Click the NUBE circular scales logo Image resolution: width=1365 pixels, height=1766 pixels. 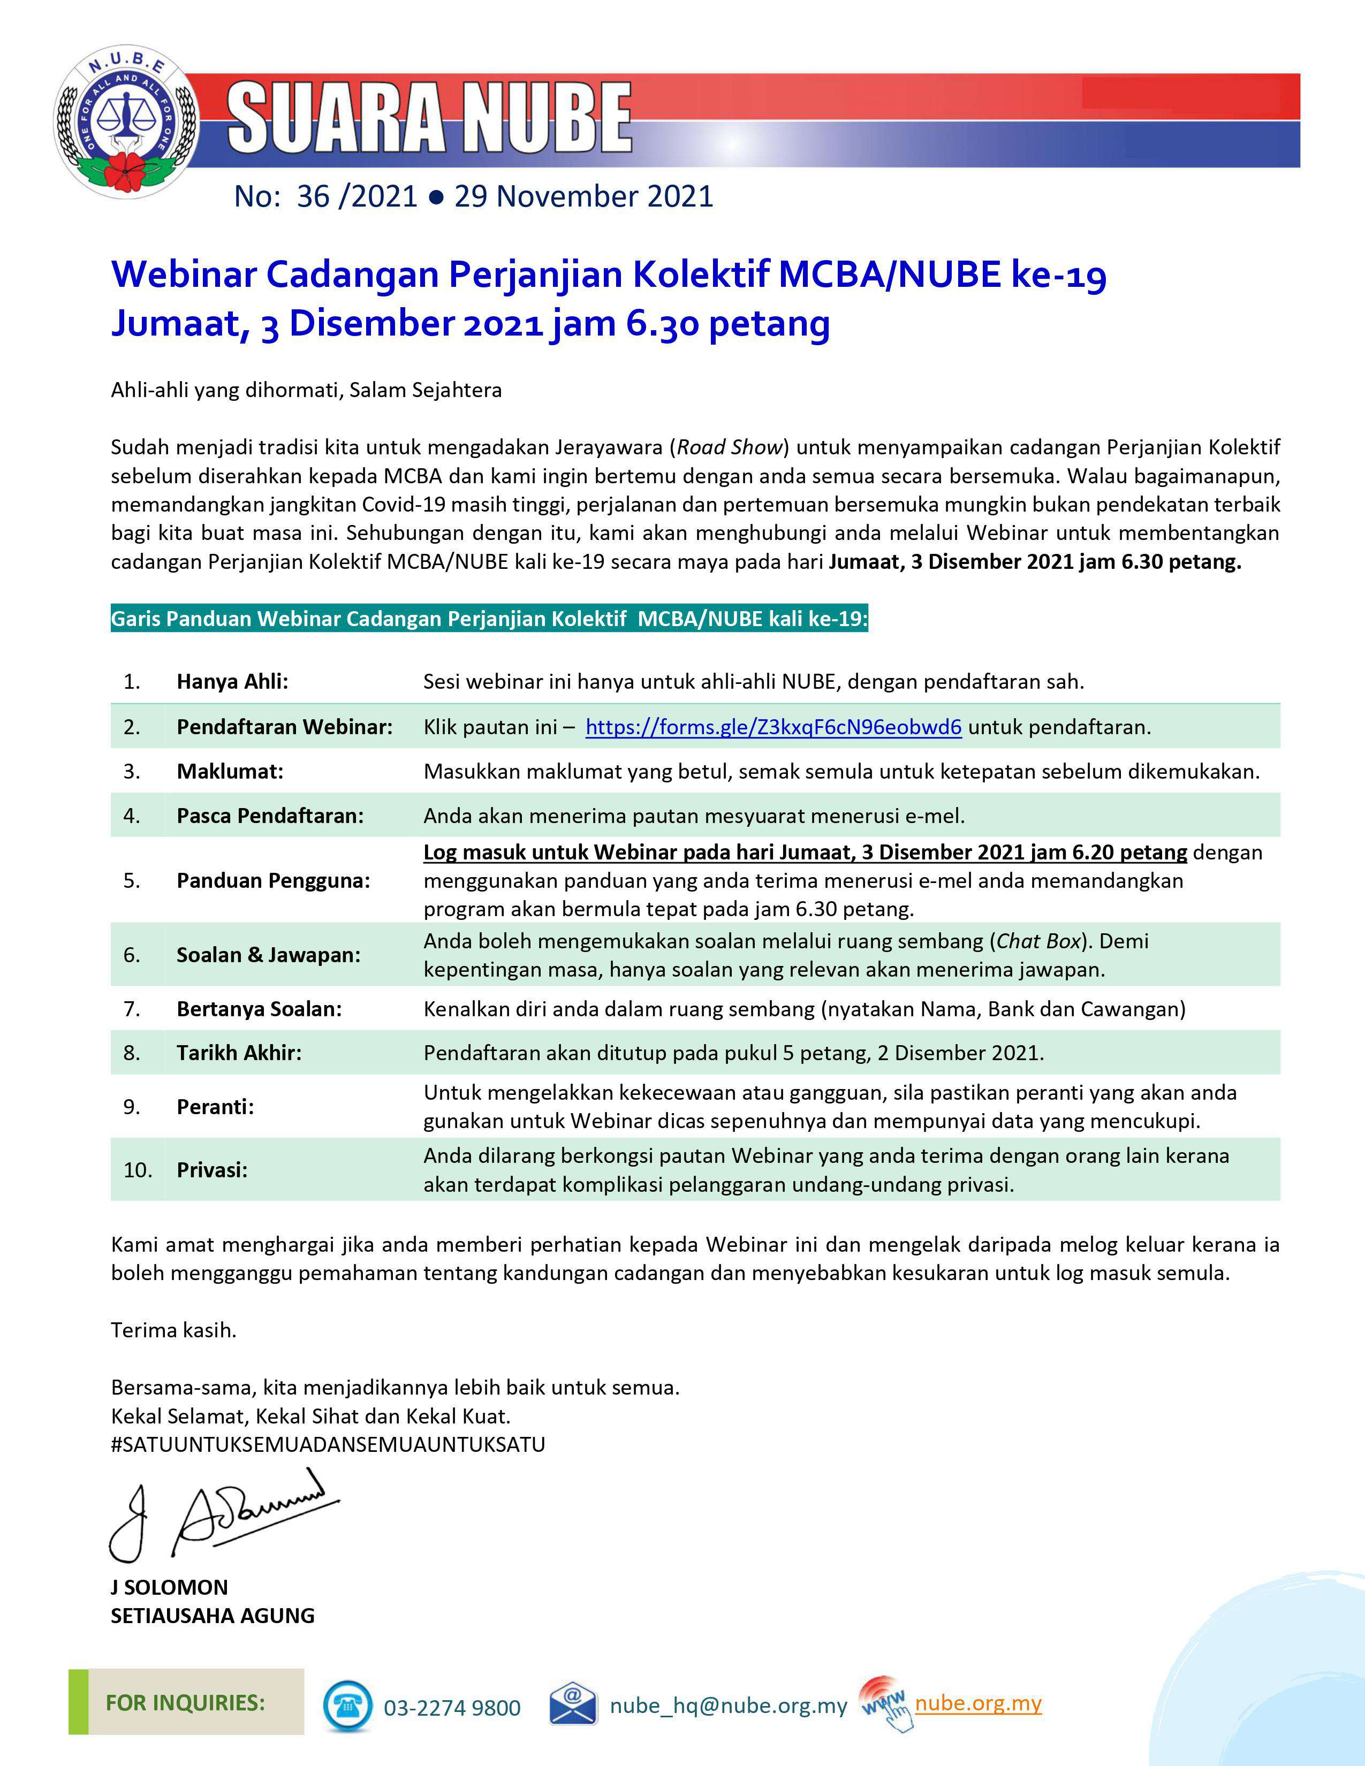click(x=127, y=121)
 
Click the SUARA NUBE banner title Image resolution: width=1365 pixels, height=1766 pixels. click(x=429, y=118)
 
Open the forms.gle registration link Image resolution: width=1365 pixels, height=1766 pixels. click(x=773, y=727)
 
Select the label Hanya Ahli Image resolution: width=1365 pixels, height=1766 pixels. click(x=232, y=682)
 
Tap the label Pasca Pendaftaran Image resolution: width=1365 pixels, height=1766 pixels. click(x=270, y=816)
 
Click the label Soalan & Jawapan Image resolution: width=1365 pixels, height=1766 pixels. click(x=269, y=955)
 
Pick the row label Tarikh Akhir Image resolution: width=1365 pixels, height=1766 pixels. click(x=239, y=1053)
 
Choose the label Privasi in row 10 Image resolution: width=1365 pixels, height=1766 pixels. click(x=212, y=1170)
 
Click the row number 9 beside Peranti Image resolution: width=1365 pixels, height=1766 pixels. click(x=132, y=1107)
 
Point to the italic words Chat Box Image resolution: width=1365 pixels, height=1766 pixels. click(x=1038, y=941)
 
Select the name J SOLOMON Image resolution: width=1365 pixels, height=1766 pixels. click(x=169, y=1587)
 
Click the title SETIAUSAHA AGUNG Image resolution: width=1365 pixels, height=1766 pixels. click(x=213, y=1616)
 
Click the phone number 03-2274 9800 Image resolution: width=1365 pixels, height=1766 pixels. click(x=452, y=1708)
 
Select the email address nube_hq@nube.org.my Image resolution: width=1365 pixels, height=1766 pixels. click(x=728, y=1706)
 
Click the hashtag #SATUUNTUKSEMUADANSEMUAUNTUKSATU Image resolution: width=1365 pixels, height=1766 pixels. click(x=328, y=1444)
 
